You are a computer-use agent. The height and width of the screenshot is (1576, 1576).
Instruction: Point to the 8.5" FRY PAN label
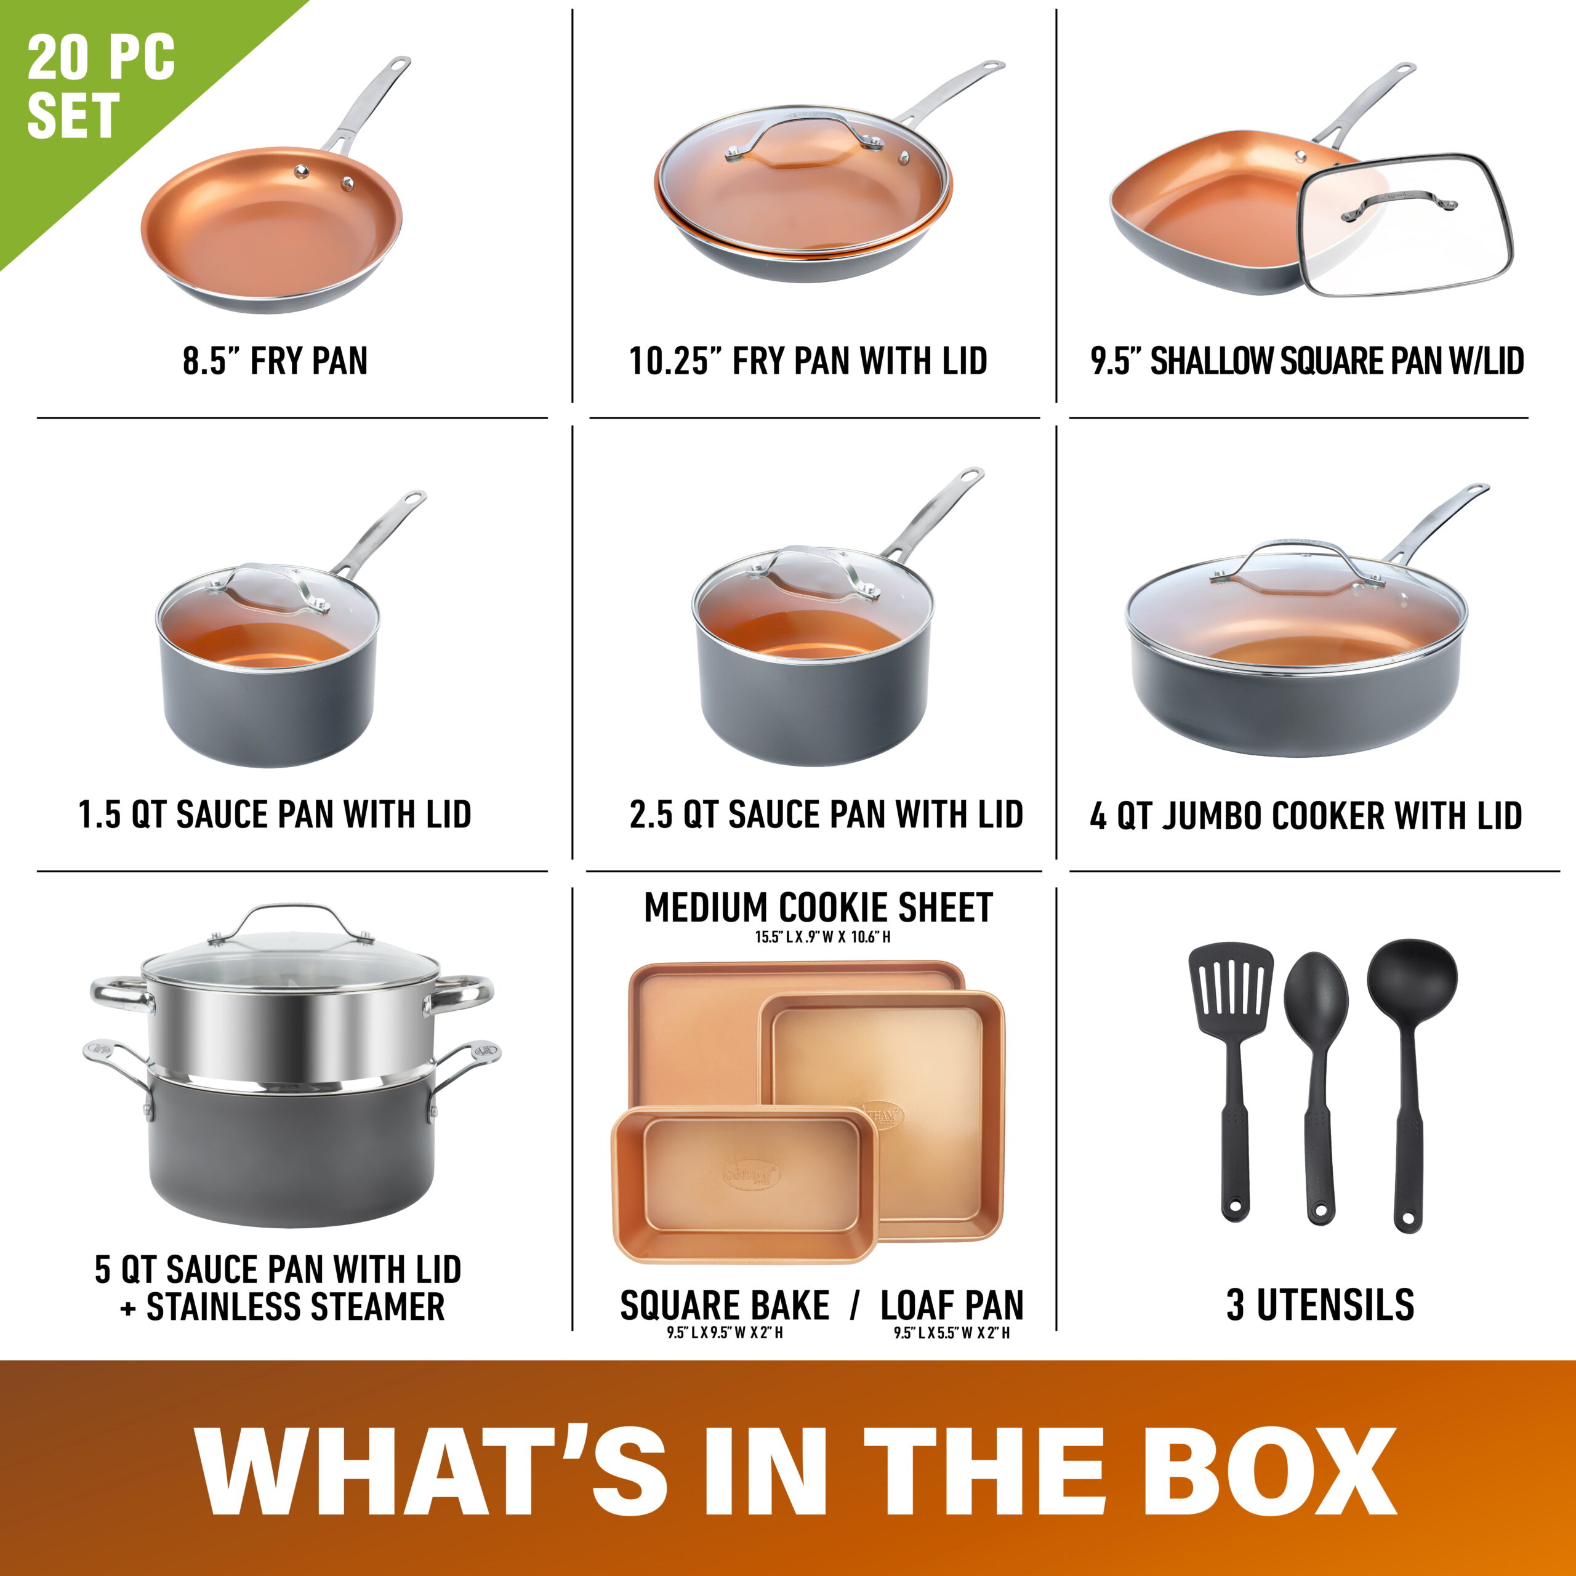tap(275, 361)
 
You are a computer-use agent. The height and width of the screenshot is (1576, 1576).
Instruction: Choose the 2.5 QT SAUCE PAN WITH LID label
tap(826, 815)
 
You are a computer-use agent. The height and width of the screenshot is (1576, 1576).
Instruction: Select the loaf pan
tap(742, 1183)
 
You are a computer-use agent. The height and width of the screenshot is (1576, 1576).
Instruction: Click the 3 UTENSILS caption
tap(1320, 1306)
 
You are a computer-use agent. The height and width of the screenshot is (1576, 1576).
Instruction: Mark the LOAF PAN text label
tap(951, 1306)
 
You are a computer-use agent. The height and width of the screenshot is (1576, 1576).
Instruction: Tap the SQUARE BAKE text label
tap(725, 1306)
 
